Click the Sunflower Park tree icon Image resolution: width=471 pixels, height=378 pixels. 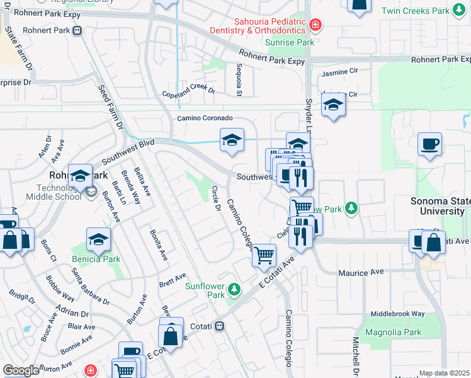(235, 289)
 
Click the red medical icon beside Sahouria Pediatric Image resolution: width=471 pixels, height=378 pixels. (315, 26)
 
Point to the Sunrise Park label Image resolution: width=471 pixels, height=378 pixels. (289, 42)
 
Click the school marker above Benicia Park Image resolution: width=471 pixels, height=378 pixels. (98, 239)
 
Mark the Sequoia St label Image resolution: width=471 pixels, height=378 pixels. (239, 79)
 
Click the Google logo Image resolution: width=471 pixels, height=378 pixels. (20, 370)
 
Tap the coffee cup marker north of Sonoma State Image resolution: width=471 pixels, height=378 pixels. (429, 144)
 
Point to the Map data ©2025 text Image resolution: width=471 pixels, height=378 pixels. (444, 373)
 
